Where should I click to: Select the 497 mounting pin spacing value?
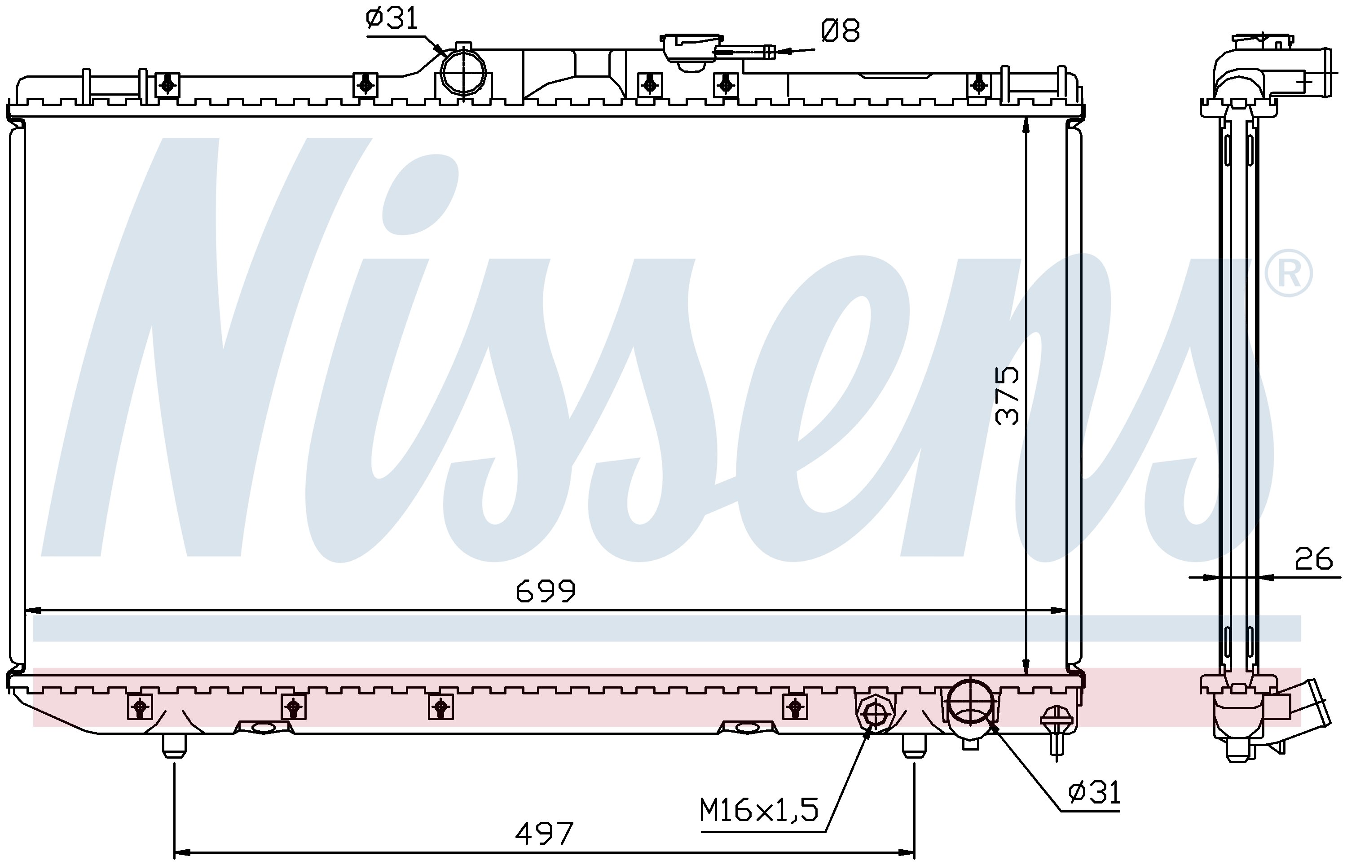click(x=544, y=834)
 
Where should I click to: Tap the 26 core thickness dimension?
click(x=1313, y=558)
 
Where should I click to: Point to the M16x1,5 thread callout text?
click(x=759, y=810)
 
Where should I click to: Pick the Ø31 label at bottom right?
click(x=1094, y=793)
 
